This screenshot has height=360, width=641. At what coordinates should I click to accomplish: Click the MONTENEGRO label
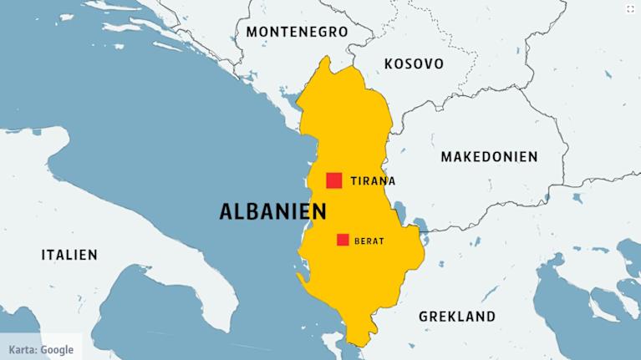tap(297, 32)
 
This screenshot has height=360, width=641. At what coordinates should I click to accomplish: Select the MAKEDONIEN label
tap(489, 156)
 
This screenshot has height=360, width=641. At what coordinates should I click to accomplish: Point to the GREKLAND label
tap(456, 317)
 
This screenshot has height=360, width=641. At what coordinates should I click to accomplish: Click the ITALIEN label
tap(69, 255)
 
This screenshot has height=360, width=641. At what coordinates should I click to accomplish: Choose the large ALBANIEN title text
tap(272, 211)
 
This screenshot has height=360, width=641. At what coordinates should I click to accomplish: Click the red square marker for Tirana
tap(334, 180)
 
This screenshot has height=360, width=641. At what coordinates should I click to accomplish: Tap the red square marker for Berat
tap(343, 240)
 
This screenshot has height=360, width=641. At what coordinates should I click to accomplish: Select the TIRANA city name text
tap(373, 180)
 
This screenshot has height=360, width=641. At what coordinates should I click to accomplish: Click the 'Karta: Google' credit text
tap(41, 349)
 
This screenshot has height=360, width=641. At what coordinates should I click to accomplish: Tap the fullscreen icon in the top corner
tap(629, 8)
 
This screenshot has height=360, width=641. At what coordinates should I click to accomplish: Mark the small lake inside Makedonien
tap(421, 223)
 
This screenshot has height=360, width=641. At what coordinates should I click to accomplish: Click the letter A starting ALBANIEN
tap(226, 211)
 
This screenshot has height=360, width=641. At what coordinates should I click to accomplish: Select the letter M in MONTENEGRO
tap(252, 32)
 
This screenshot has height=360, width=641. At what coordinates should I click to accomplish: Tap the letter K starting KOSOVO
tap(389, 63)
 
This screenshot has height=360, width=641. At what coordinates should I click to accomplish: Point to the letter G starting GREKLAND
tap(424, 317)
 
